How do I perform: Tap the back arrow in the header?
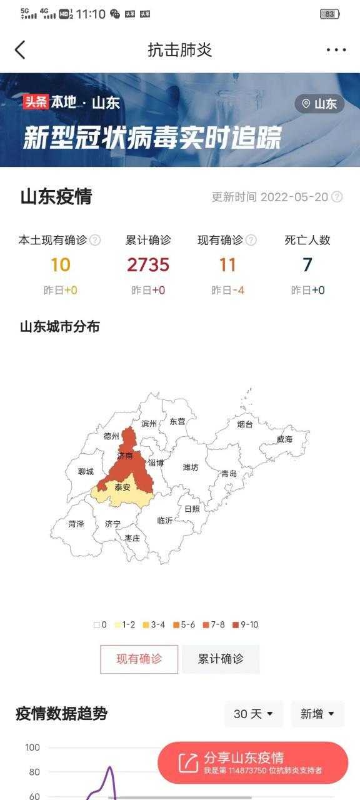point(20,50)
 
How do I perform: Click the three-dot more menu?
point(336,50)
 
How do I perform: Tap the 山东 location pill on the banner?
point(319,104)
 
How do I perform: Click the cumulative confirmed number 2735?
point(148,265)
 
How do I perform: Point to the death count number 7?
point(307,265)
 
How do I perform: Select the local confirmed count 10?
point(61,265)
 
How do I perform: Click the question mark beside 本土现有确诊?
point(95,240)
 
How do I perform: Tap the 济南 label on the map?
point(124,457)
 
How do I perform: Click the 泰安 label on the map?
point(122,487)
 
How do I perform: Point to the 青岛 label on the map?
point(229,474)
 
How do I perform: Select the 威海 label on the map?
point(284,439)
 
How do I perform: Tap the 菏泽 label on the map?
point(76,524)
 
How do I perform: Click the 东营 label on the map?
point(177,422)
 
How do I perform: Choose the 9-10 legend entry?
point(245,624)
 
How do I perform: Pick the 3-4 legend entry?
point(154,624)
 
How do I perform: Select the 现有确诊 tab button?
point(139,659)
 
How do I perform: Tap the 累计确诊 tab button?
point(221,659)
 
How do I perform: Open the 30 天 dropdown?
point(253,714)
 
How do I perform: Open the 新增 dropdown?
point(317,714)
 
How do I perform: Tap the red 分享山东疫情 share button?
point(252,762)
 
